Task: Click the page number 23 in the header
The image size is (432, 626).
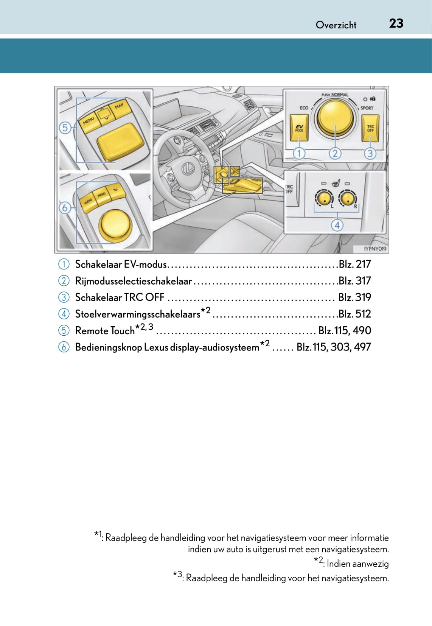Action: pyautogui.click(x=396, y=23)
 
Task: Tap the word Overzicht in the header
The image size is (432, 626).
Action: pyautogui.click(x=336, y=25)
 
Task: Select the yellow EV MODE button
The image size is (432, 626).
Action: pyautogui.click(x=299, y=128)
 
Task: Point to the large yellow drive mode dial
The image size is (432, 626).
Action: pyautogui.click(x=335, y=118)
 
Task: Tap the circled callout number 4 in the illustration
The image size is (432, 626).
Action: pyautogui.click(x=337, y=226)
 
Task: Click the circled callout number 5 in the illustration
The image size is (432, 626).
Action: pyautogui.click(x=65, y=128)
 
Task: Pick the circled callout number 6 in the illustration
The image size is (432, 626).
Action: pyautogui.click(x=65, y=207)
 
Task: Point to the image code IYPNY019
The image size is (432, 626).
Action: pyautogui.click(x=375, y=249)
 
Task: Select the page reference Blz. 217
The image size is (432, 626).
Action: pyautogui.click(x=354, y=264)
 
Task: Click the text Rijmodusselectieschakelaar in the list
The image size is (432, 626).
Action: pyautogui.click(x=134, y=281)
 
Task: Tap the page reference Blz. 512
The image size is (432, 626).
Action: pyautogui.click(x=354, y=314)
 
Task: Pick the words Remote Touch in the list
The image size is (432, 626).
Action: pyautogui.click(x=105, y=331)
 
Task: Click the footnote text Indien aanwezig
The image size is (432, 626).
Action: pyautogui.click(x=357, y=564)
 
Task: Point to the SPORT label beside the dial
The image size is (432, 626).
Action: pyautogui.click(x=367, y=108)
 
